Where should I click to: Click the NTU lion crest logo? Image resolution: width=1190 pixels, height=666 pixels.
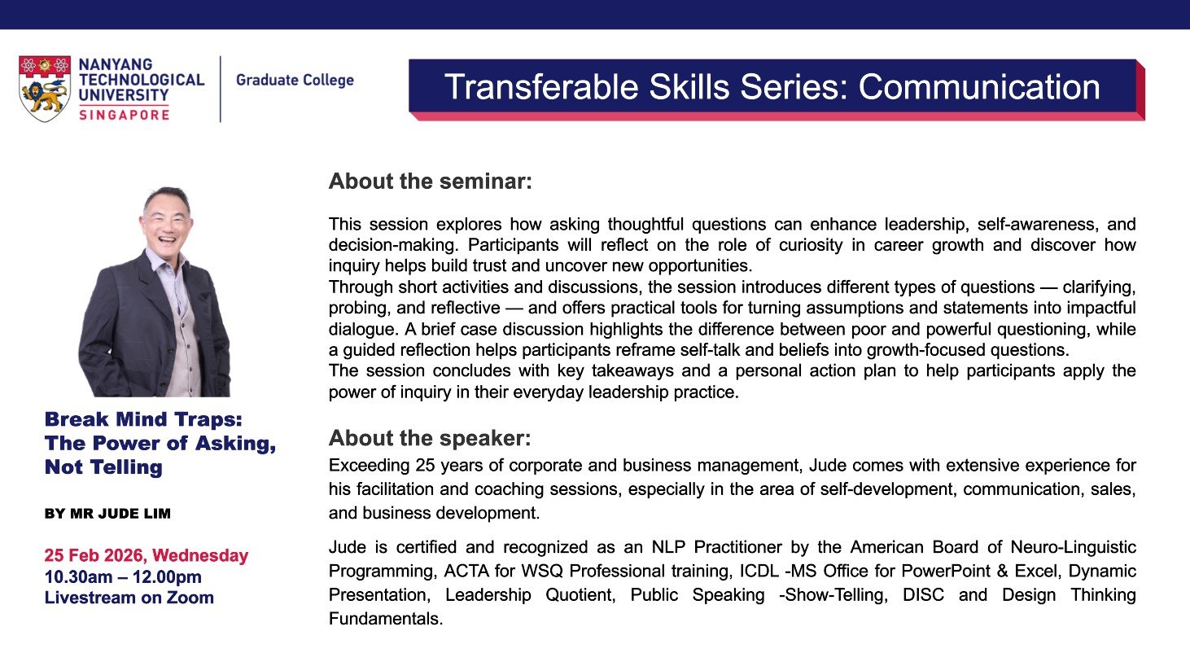coord(45,88)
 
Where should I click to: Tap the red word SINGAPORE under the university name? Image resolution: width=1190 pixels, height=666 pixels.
coord(125,115)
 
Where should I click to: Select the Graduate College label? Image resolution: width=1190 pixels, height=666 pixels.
coord(295,81)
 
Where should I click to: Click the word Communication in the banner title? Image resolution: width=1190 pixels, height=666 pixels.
coord(979,86)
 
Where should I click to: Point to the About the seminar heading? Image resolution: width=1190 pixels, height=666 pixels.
coord(431,182)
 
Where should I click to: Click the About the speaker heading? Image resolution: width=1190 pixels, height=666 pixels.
coord(430,438)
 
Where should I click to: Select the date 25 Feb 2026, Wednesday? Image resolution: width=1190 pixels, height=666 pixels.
coord(146,555)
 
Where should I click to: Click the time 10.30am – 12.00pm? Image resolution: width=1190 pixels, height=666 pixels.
coord(123,576)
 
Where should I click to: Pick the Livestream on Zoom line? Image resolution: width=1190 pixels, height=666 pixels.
coord(129,598)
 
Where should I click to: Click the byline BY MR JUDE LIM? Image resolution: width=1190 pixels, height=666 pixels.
coord(107,514)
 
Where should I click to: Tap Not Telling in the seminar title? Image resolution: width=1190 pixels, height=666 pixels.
coord(103,467)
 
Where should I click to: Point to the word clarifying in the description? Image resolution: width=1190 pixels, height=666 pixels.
coord(1099,287)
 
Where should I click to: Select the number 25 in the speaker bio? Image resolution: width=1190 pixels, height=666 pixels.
coord(426,465)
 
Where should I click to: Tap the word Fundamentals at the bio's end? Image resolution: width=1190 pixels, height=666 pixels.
coord(385,619)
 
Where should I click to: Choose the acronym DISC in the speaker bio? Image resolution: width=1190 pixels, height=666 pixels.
coord(924,595)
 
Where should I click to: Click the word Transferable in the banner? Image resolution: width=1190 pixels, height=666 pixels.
coord(541,86)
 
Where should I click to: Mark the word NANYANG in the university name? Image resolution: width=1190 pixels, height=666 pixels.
coord(116,64)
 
